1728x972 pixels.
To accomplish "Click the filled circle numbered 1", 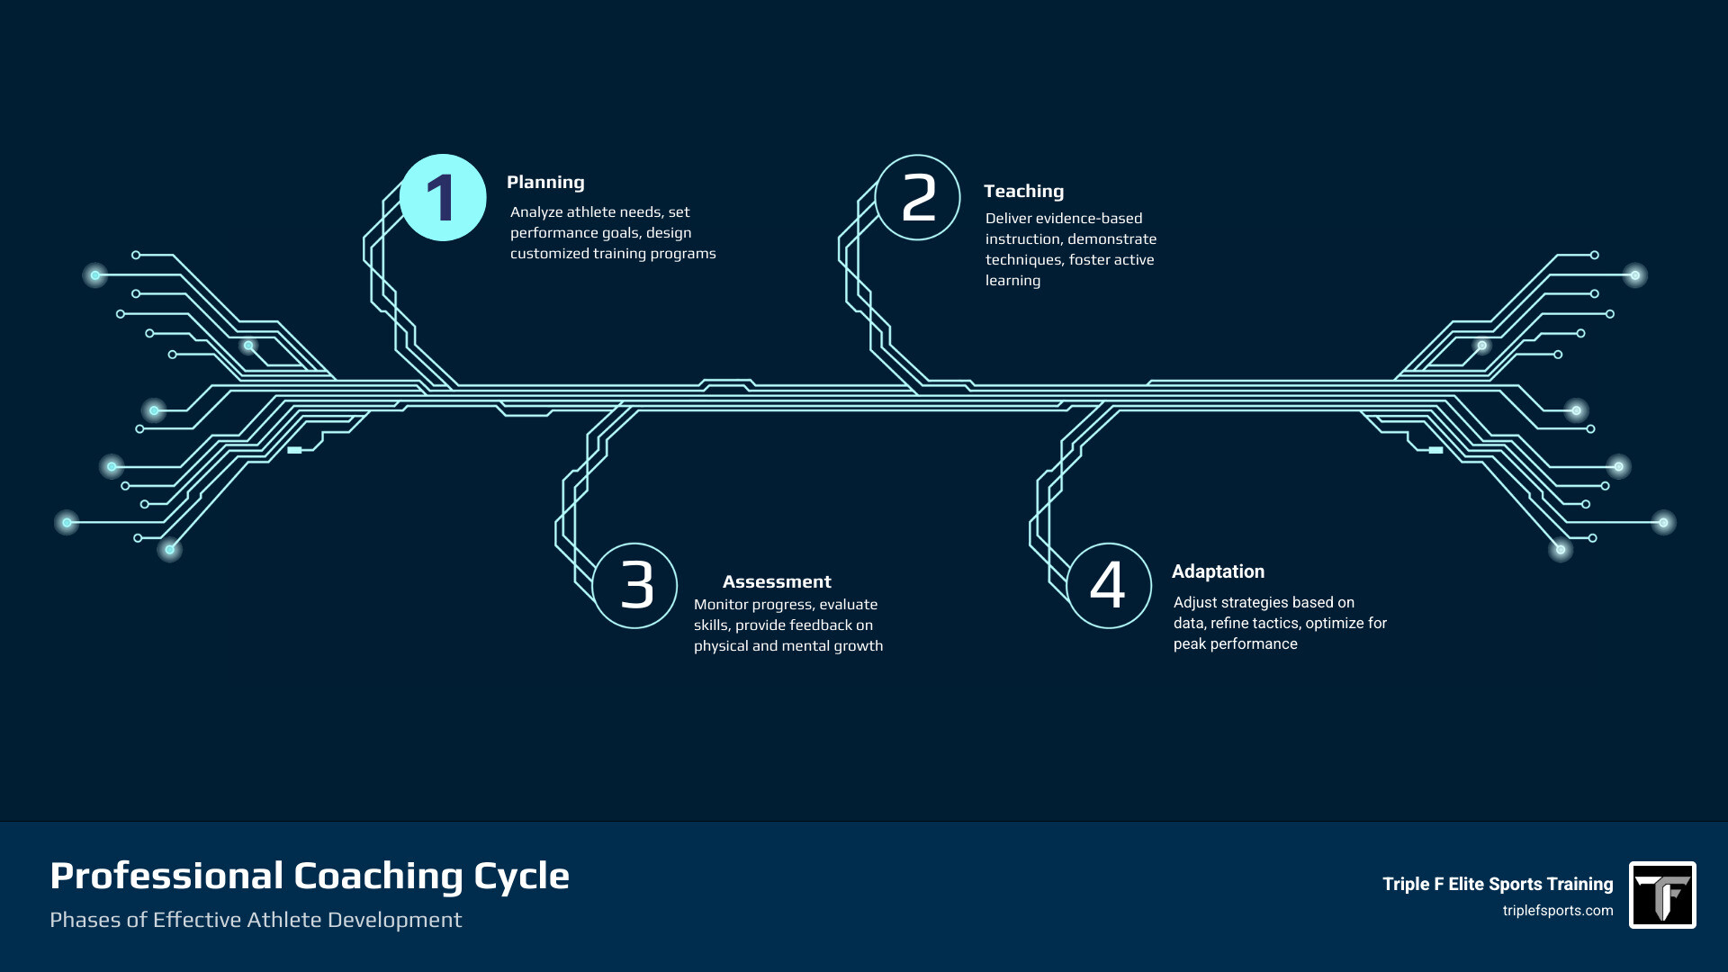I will pos(443,198).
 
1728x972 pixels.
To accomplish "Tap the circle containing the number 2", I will pos(918,198).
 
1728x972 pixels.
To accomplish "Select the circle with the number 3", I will pos(635,586).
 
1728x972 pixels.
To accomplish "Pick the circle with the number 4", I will pos(1109,586).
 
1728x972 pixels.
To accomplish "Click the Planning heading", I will pos(545,183).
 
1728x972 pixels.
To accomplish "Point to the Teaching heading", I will pos(1023,192).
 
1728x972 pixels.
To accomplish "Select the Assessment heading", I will pos(777,582).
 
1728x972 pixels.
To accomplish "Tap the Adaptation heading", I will pos(1218,572).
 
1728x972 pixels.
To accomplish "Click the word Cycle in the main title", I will pos(521,877).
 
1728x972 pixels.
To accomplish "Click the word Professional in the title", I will pos(166,877).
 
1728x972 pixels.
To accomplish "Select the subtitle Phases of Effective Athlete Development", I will pos(256,920).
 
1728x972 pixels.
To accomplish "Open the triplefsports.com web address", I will pos(1557,911).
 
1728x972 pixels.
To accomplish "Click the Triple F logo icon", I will pos(1662,895).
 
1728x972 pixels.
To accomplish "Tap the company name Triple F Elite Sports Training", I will pos(1498,885).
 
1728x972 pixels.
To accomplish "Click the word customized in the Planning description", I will pos(549,254).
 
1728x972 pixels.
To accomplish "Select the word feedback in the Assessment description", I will pos(820,625).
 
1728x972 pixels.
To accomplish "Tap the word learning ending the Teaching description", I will pos(1012,281).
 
